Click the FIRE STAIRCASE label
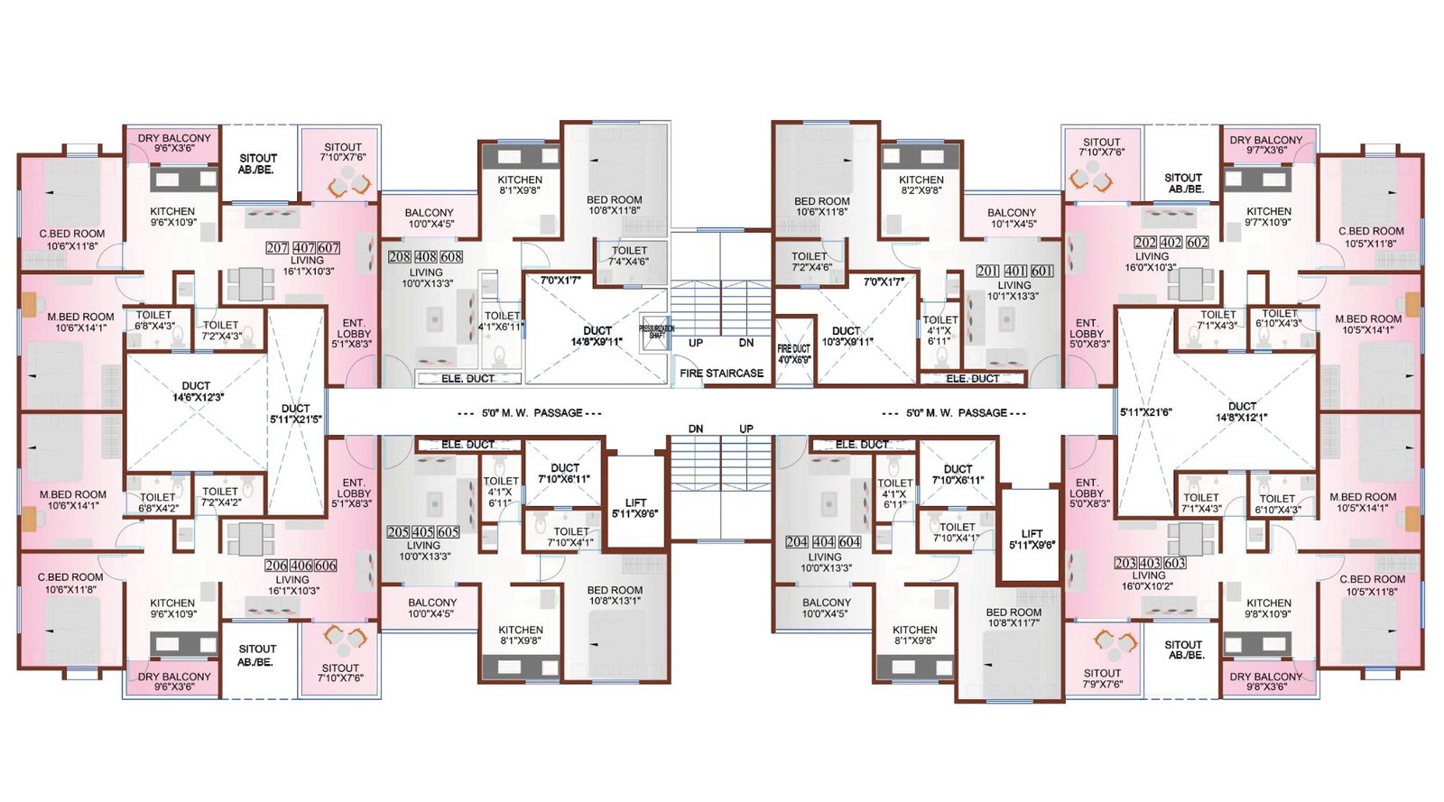721,373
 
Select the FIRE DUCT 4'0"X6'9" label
794,354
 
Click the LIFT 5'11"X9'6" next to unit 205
635,508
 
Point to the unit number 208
400,257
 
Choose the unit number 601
1041,272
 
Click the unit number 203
1125,563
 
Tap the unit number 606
326,566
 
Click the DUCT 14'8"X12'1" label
1242,411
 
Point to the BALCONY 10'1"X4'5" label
1012,218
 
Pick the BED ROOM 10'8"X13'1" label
615,595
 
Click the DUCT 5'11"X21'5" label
295,413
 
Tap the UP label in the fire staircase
696,343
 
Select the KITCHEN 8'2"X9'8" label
921,185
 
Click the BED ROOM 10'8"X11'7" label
1014,617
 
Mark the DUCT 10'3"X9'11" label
847,336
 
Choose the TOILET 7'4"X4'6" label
629,256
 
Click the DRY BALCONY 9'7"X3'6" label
1265,144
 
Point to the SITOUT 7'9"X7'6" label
1102,678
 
